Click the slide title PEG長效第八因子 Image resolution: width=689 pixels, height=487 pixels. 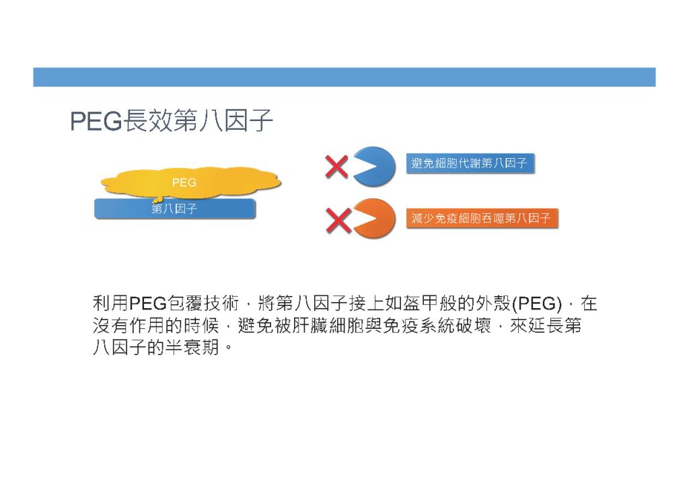pos(172,120)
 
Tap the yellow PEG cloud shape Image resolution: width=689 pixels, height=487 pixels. pos(191,182)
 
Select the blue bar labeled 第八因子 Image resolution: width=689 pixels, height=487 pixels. pos(175,209)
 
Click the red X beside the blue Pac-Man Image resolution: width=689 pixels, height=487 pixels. pos(336,167)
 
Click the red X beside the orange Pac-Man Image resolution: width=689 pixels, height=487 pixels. pos(338,220)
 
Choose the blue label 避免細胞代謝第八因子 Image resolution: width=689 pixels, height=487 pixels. pos(470,163)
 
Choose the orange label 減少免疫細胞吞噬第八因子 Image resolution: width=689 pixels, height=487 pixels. pos(482,218)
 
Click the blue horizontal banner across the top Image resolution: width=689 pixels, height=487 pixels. pos(344,77)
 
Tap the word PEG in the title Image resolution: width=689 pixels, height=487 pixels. pos(96,121)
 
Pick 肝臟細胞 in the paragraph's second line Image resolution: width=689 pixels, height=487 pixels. pos(328,326)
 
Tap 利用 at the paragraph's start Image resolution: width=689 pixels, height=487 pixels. pos(111,303)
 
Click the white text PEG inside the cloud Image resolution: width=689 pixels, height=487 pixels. pos(184,182)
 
